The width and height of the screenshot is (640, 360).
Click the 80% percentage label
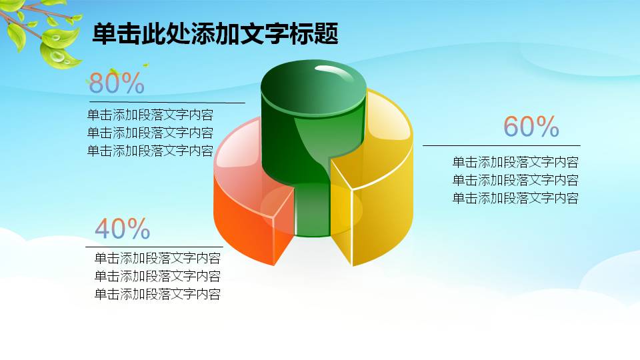(117, 83)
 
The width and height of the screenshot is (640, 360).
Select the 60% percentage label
(531, 127)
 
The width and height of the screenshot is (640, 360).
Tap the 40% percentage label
(123, 229)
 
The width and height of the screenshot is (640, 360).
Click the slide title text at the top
(215, 34)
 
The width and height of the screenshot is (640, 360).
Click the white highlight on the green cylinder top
(337, 72)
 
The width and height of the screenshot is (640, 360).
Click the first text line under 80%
(150, 114)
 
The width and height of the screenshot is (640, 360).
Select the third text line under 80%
(150, 151)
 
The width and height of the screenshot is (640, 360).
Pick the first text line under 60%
(515, 162)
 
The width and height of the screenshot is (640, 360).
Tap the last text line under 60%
(515, 198)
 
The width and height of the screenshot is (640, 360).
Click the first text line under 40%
(157, 259)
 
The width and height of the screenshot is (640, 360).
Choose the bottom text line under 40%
(157, 295)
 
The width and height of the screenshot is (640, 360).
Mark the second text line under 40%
(157, 277)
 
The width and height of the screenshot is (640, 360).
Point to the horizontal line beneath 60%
(501, 145)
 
